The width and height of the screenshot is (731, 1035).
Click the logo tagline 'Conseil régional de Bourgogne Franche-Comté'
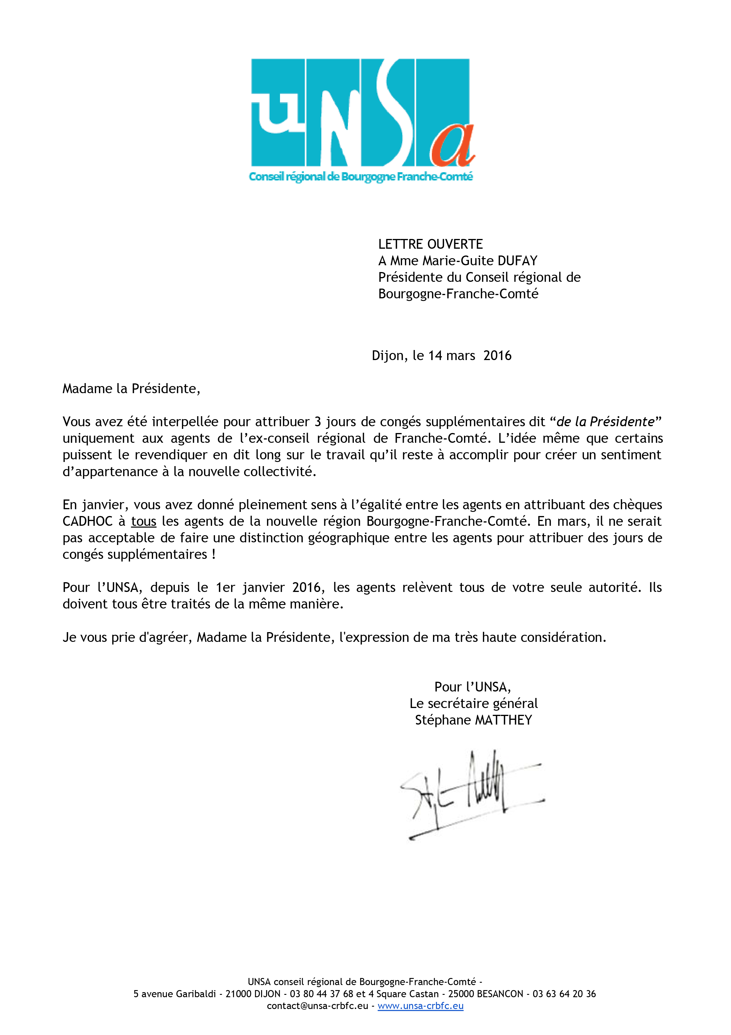pyautogui.click(x=361, y=176)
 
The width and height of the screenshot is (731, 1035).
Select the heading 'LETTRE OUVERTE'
pyautogui.click(x=430, y=244)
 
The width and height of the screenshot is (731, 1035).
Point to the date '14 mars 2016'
pyautogui.click(x=470, y=356)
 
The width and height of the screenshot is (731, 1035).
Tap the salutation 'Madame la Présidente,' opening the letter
pyautogui.click(x=131, y=389)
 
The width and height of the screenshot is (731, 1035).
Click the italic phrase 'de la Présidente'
pyautogui.click(x=605, y=422)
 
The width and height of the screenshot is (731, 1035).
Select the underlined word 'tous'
pyautogui.click(x=143, y=522)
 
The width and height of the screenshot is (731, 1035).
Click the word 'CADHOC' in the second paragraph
pyautogui.click(x=87, y=522)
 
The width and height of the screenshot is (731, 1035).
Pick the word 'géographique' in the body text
pyautogui.click(x=349, y=538)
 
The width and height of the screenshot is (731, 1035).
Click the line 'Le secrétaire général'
pyautogui.click(x=473, y=703)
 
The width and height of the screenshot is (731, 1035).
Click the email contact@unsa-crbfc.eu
pyautogui.click(x=317, y=1006)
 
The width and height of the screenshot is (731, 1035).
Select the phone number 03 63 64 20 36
pyautogui.click(x=564, y=994)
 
